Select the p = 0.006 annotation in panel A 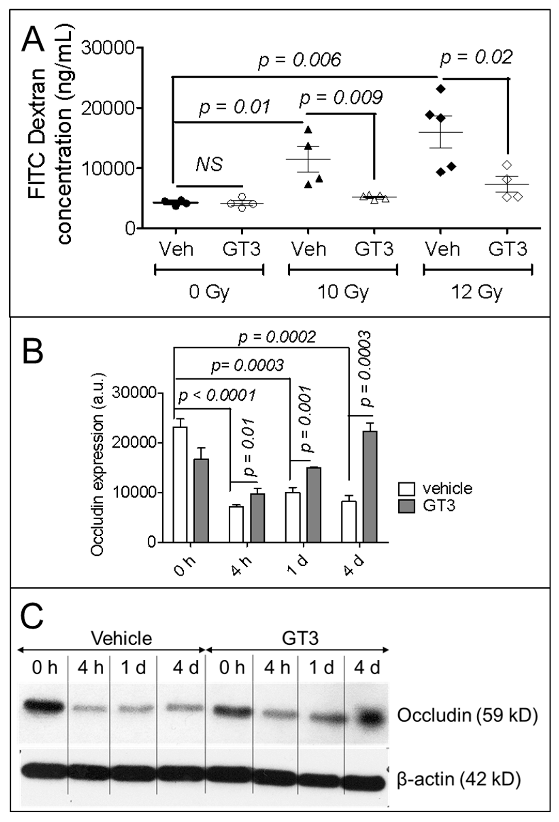tap(300, 59)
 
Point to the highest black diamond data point tap(440, 89)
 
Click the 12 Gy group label tap(478, 292)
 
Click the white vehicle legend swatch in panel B tap(406, 489)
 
